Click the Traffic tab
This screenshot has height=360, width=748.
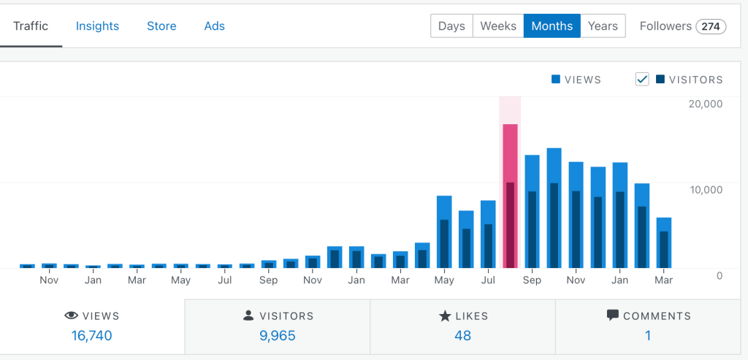(31, 26)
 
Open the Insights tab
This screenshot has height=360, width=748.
(97, 26)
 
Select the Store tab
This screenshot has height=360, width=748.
(161, 26)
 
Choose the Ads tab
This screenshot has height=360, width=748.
(214, 26)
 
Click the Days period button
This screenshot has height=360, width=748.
(451, 26)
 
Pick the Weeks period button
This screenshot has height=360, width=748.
(498, 26)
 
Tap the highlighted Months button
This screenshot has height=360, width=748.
(552, 26)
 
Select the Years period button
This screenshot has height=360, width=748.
(603, 26)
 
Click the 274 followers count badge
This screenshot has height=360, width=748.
(710, 27)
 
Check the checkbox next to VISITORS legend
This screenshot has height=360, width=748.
(642, 80)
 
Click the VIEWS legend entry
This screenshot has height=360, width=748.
(576, 80)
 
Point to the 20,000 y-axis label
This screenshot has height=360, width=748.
(705, 104)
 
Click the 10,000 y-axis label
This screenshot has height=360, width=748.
(705, 190)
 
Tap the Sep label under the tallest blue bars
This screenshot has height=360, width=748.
(532, 280)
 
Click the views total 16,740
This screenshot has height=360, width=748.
(91, 336)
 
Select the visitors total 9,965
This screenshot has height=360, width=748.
(277, 336)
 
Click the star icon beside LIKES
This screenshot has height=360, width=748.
(444, 316)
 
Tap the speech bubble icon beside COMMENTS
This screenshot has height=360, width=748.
(613, 316)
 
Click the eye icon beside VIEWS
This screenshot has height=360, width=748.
(72, 316)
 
